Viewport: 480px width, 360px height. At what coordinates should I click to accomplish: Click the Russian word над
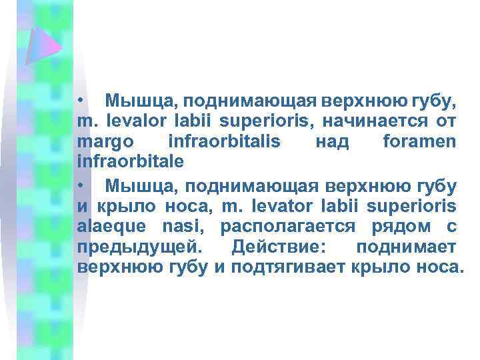tap(331, 141)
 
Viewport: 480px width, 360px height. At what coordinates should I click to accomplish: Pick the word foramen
tap(420, 141)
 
